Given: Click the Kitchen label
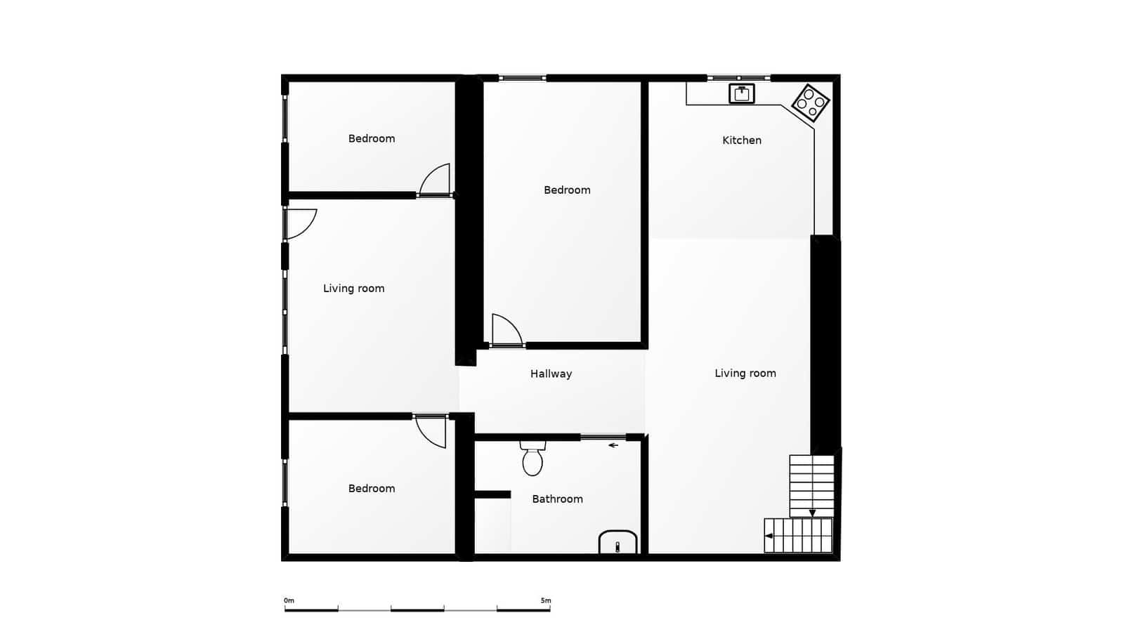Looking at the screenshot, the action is click(x=742, y=140).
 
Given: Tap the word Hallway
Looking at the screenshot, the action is click(x=551, y=374).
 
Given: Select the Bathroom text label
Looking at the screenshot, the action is click(x=558, y=499).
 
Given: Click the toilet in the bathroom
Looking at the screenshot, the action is click(x=532, y=459).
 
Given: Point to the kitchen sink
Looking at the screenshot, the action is click(x=742, y=94).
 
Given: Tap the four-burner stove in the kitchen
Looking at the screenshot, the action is click(x=811, y=103).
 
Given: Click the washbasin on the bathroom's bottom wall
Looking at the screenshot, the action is click(x=617, y=542).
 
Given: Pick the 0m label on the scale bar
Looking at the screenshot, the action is click(x=289, y=600).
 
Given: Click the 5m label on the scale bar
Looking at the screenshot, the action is click(x=546, y=600).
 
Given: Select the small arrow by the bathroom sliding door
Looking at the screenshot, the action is click(x=613, y=445).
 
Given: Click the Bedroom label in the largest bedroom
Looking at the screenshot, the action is click(x=567, y=190).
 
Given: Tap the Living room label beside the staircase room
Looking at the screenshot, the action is click(x=745, y=373).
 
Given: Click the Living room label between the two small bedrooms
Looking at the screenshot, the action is click(x=354, y=289).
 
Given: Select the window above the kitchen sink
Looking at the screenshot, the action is click(x=738, y=78).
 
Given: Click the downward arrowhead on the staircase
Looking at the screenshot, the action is click(x=812, y=513).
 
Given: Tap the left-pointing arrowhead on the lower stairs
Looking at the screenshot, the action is click(x=769, y=536).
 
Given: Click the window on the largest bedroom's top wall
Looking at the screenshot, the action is click(x=523, y=78).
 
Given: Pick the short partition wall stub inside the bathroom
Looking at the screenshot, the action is click(x=492, y=494).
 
